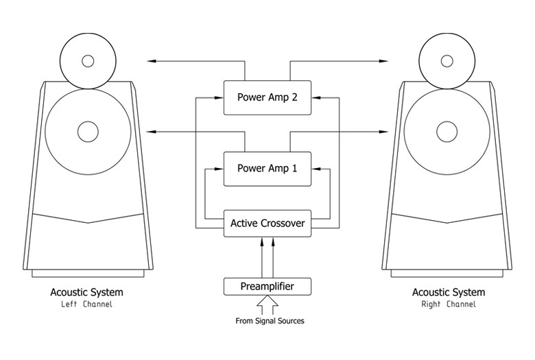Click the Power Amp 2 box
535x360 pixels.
[x=267, y=97]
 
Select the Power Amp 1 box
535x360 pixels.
[x=267, y=169]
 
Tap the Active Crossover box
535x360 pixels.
[x=267, y=223]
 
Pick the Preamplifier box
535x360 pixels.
[x=267, y=285]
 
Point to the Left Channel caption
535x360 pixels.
[x=87, y=304]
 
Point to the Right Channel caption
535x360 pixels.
[x=447, y=304]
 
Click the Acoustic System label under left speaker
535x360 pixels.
[x=87, y=293]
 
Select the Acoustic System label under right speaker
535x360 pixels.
[x=447, y=293]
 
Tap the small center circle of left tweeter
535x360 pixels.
[x=88, y=61]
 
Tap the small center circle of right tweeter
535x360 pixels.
[x=447, y=61]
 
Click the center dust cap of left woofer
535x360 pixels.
[x=88, y=130]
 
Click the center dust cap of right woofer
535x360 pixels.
[x=447, y=130]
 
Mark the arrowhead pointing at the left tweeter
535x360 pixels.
[x=152, y=62]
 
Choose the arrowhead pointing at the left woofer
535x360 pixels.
[x=152, y=131]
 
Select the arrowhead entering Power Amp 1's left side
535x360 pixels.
[x=221, y=169]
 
